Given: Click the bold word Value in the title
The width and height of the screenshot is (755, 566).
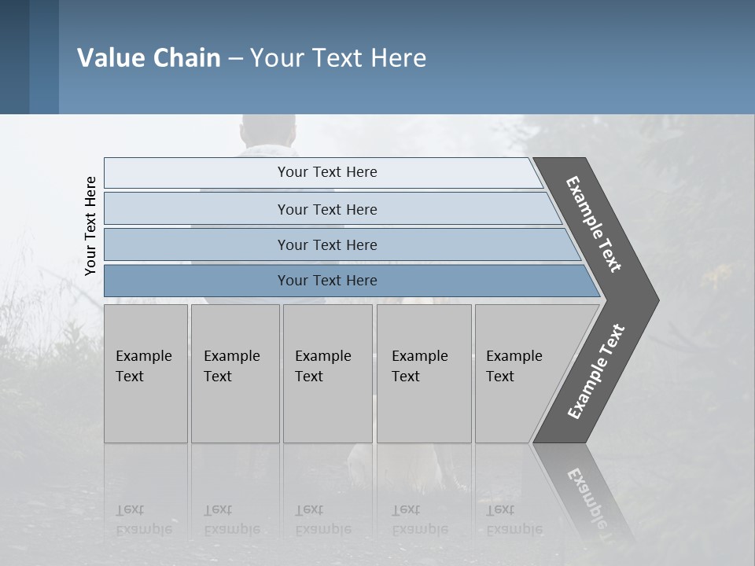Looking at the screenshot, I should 109,58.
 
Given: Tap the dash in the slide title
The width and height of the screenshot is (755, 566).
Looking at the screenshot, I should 235,59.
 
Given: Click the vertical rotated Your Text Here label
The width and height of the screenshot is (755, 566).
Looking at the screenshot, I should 90,226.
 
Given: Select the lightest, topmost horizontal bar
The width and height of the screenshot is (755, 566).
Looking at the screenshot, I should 326,172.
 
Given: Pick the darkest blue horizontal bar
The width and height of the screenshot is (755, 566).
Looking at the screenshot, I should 326,281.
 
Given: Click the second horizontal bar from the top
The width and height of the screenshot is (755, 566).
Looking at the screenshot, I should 326,209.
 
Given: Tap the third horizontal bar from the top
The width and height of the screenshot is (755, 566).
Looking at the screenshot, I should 326,244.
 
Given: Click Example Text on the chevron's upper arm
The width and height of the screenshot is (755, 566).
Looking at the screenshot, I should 594,224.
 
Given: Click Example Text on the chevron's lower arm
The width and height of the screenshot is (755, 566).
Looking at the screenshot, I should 596,372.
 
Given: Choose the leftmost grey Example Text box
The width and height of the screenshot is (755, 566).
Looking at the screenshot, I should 145,373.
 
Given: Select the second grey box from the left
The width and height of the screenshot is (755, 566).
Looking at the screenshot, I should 235,373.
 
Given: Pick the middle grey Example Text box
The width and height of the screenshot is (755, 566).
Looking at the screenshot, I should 327,373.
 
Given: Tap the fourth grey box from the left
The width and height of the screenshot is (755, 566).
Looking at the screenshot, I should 424,373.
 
